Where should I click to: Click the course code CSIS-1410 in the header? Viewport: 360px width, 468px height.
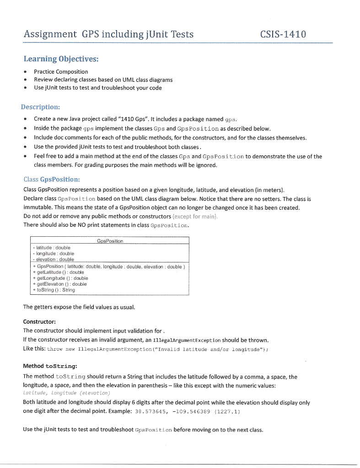[x=283, y=34]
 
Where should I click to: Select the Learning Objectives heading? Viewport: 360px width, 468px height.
[x=61, y=59]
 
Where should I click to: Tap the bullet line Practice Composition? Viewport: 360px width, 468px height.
[x=61, y=72]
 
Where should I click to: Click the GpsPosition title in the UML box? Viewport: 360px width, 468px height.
[x=110, y=241]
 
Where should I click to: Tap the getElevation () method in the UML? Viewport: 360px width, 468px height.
[x=61, y=284]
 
